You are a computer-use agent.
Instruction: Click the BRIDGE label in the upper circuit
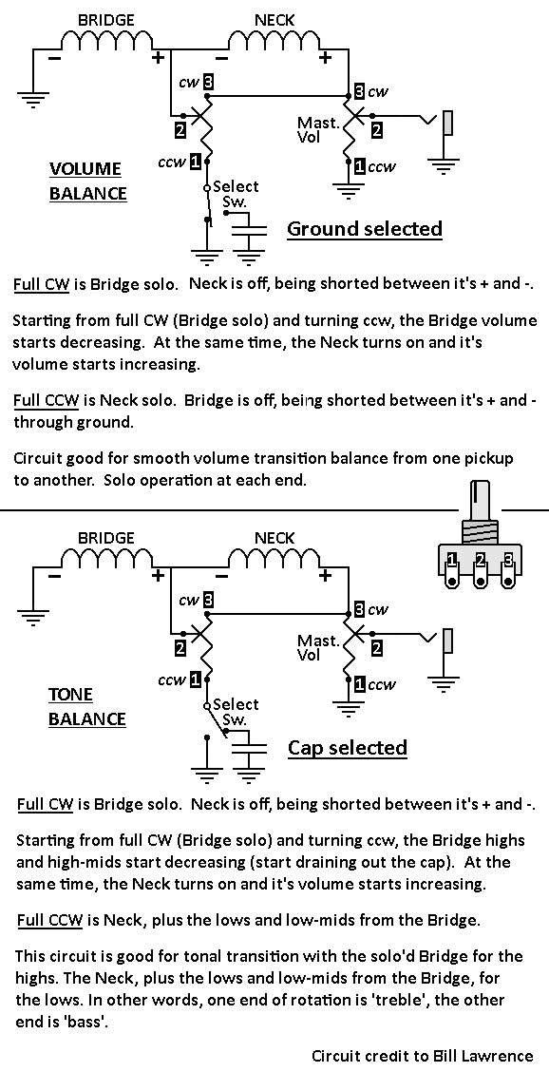point(105,20)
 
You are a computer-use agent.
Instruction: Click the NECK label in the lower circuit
point(274,537)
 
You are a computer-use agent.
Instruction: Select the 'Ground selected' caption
point(365,228)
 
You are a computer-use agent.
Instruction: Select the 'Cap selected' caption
point(348,747)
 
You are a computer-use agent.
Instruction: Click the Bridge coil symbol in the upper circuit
point(109,43)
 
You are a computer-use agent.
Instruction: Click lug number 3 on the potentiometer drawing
point(508,562)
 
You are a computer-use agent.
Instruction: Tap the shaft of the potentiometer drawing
point(480,503)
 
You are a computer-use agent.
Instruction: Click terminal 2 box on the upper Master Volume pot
point(377,128)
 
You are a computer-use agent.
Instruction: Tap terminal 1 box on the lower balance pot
point(197,680)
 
